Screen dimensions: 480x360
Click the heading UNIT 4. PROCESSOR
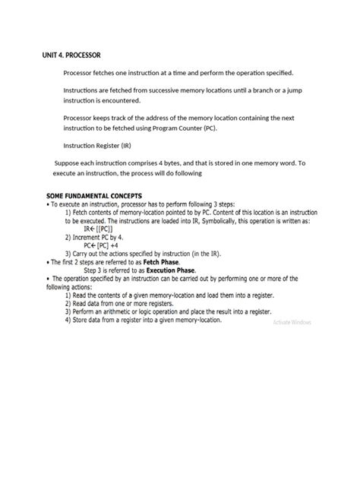pyautogui.click(x=71, y=55)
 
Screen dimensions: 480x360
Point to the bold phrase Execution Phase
pyautogui.click(x=169, y=270)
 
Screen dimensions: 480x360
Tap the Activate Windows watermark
pyautogui.click(x=292, y=323)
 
